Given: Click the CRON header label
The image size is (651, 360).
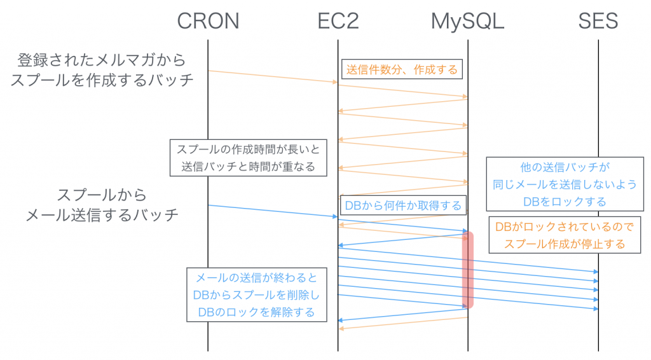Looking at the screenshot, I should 208,21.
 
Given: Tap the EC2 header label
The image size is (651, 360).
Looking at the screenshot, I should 338,21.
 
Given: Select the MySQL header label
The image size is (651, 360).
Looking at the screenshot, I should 467,21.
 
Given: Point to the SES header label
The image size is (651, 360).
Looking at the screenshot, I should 598,21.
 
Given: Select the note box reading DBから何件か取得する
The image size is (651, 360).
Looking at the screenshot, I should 402,205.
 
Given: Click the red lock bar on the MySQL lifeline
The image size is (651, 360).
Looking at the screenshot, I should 468,270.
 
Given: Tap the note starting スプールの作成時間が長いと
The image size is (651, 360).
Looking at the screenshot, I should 249,158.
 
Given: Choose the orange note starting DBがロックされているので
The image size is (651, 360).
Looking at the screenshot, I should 563,235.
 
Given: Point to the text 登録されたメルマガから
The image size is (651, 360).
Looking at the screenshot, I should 102,60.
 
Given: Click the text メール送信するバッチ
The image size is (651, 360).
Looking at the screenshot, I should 102,215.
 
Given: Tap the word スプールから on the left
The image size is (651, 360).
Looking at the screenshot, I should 102,195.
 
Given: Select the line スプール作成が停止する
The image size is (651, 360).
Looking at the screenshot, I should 563,244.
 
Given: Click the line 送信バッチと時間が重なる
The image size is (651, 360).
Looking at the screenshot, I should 249,167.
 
